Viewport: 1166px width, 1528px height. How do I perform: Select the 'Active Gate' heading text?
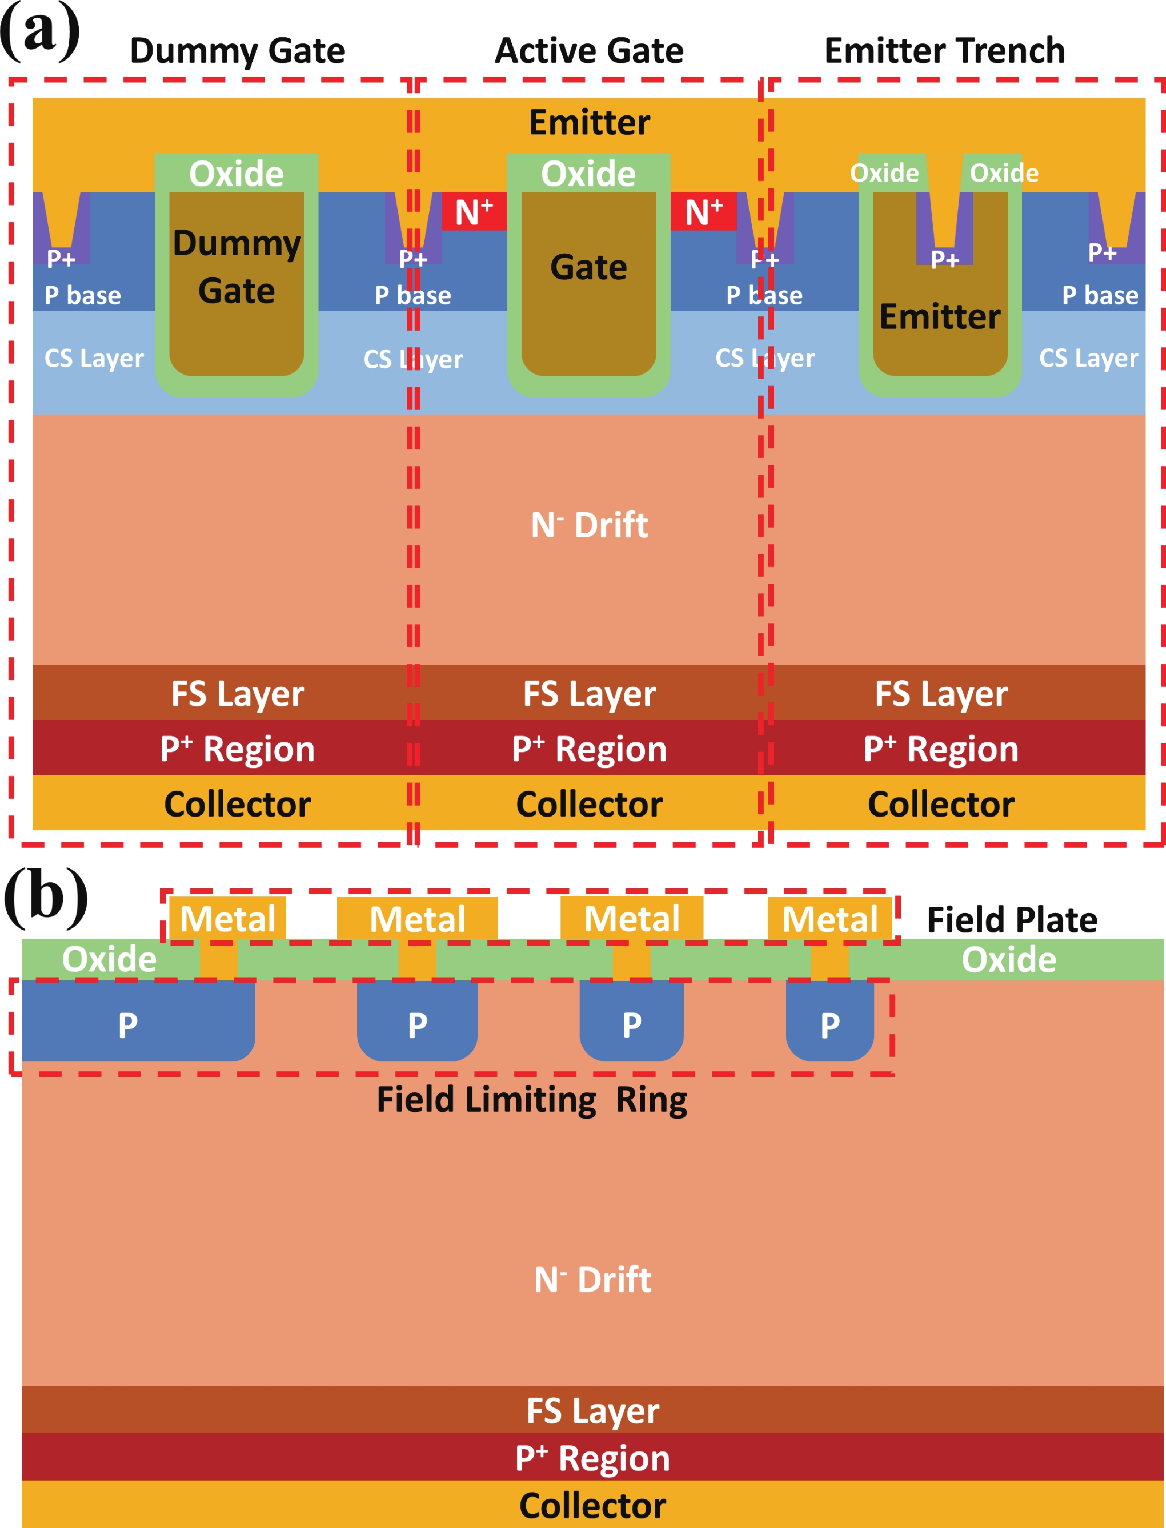[589, 51]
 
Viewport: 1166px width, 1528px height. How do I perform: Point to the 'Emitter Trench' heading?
[944, 51]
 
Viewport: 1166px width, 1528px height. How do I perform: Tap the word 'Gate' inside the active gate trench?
[589, 268]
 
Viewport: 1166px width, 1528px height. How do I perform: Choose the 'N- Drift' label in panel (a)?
[589, 525]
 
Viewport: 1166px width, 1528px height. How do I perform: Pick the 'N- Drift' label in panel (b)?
[592, 1280]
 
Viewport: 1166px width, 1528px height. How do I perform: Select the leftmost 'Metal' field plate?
[228, 919]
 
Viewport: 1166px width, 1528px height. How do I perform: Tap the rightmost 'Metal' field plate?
[829, 919]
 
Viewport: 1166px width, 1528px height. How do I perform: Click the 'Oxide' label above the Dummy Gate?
[236, 174]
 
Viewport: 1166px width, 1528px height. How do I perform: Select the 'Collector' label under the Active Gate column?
[589, 804]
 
